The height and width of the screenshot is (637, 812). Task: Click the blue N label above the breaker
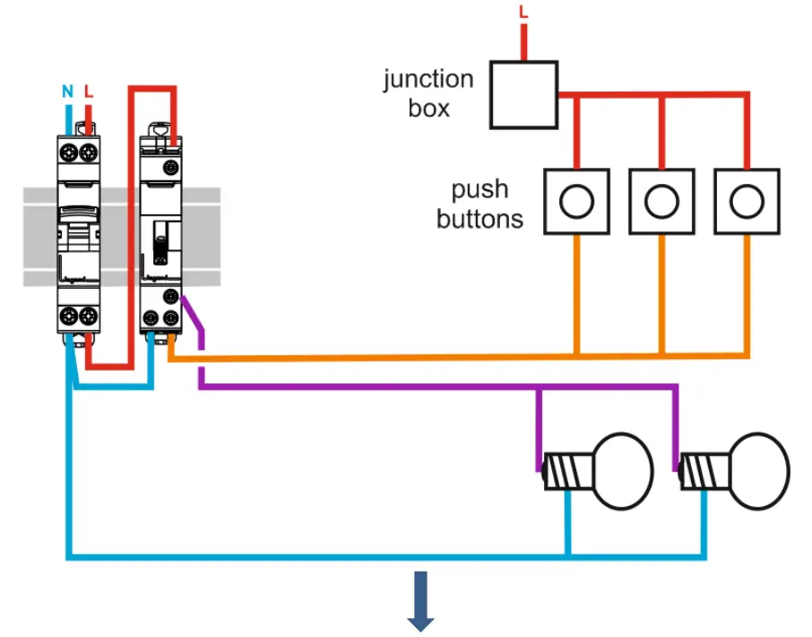67,91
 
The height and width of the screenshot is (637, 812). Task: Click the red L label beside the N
88,91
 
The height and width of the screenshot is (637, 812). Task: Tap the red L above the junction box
523,13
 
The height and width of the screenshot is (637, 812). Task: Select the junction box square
523,94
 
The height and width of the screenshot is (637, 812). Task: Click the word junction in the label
428,80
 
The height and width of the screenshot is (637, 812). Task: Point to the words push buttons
480,204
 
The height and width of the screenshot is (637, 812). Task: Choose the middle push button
662,202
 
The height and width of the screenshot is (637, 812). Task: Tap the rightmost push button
747,202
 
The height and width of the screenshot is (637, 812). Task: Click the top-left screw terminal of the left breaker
68,152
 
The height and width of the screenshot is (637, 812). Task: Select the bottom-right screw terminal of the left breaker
88,316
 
